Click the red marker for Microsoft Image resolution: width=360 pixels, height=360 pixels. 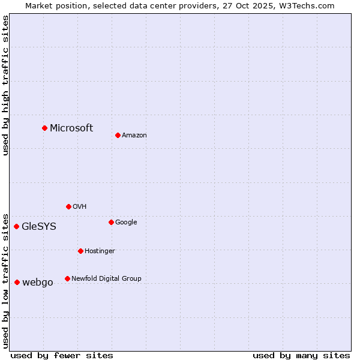(x=44, y=128)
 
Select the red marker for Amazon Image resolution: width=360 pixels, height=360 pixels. (x=118, y=135)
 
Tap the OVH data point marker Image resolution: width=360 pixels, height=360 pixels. (x=68, y=206)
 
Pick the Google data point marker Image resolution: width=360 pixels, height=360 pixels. (x=111, y=222)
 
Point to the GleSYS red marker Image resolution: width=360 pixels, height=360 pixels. (x=16, y=226)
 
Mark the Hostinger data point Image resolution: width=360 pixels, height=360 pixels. (x=80, y=251)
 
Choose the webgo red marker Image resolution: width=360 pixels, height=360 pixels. (x=17, y=282)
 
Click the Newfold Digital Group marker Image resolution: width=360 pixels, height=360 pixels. (x=67, y=278)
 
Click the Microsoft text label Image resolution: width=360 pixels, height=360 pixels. (x=71, y=128)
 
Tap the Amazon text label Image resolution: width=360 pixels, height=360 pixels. (x=134, y=135)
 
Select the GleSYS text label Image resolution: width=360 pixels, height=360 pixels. (x=39, y=226)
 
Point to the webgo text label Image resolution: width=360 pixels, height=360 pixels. (x=38, y=282)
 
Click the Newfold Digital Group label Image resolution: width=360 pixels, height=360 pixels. (x=106, y=278)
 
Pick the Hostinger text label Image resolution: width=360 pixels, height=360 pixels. (x=100, y=251)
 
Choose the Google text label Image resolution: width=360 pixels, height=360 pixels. (x=126, y=222)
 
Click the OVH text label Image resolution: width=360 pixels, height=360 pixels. (x=80, y=206)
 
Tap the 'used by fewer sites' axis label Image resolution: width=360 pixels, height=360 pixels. (x=62, y=355)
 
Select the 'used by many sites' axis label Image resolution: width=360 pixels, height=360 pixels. (x=301, y=355)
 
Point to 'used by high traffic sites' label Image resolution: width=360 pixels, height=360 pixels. (x=5, y=85)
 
